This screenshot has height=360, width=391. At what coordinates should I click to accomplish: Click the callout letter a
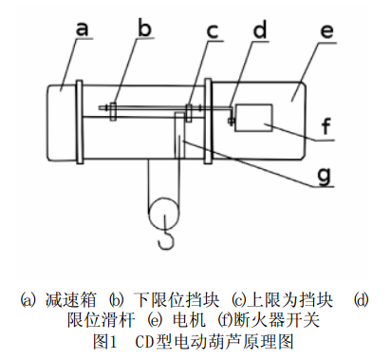82,28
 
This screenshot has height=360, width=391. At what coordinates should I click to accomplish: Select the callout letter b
145,28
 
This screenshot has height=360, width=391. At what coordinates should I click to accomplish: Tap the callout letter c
213,31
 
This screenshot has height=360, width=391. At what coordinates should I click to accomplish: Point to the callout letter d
260,29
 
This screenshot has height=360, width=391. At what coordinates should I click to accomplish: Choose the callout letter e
326,31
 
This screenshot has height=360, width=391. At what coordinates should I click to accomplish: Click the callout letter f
326,125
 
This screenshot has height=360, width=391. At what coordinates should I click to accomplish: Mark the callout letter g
325,175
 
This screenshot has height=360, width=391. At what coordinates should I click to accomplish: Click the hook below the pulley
166,235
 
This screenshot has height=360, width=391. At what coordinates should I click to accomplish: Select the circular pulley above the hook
163,213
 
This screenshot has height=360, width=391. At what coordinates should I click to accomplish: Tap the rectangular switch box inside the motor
253,117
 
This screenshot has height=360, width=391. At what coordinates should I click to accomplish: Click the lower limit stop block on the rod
113,110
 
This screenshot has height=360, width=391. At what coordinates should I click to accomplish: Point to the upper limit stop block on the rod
189,111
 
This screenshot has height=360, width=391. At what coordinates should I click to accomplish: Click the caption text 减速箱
70,299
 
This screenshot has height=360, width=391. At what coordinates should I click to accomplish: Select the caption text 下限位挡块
177,299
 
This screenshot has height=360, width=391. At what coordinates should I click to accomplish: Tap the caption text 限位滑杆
101,319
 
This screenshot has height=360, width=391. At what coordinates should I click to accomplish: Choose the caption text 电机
189,319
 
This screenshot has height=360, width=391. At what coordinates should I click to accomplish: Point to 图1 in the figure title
105,342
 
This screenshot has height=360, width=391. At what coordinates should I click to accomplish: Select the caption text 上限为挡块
291,299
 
